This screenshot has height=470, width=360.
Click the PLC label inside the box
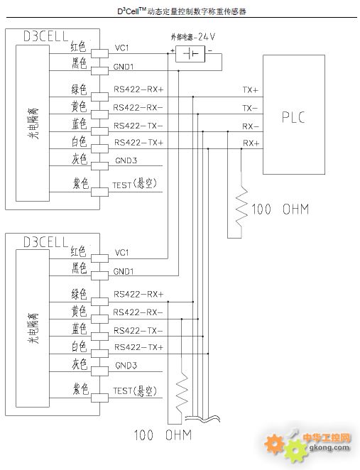pos(293,117)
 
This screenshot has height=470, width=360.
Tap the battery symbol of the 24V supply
pos(190,54)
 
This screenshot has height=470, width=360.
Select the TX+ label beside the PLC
pos(250,90)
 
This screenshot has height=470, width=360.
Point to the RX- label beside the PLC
pos(250,126)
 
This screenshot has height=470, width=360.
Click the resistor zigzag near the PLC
pos(241,207)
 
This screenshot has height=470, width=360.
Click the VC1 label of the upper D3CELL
pos(121,48)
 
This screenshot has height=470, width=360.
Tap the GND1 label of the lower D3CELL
pos(124,272)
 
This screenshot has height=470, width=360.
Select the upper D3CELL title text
pos(46,36)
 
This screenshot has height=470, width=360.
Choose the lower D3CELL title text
pos(46,241)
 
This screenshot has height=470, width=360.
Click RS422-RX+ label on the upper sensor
pos(138,89)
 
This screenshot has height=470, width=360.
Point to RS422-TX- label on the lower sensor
pos(138,331)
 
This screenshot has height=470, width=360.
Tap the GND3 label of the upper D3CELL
pos(126,160)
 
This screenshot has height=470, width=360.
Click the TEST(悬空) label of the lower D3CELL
pos(135,391)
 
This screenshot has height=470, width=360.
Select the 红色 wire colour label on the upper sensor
pos(79,47)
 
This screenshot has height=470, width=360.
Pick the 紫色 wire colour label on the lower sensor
pos(81,389)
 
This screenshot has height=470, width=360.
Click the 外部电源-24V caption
pos(193,37)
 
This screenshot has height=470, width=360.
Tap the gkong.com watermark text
pos(329,447)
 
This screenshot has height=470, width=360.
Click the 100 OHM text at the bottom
pos(163,435)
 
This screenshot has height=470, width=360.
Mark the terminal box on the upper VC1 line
pos(99,54)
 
